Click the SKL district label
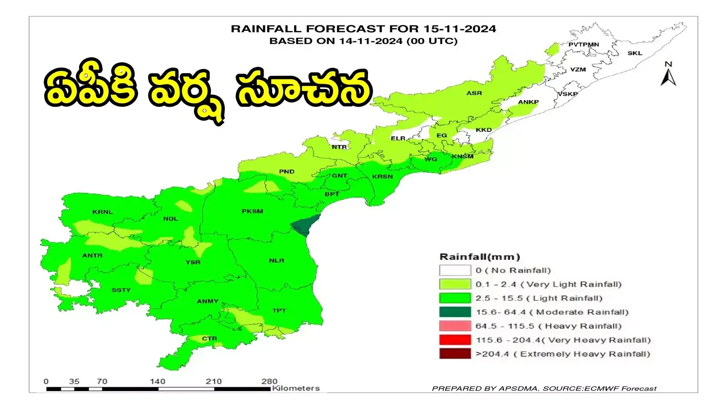pyautogui.click(x=634, y=53)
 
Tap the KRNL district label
pyautogui.click(x=102, y=212)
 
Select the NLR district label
pyautogui.click(x=276, y=260)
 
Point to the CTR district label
pyautogui.click(x=209, y=339)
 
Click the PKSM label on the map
pyautogui.click(x=252, y=211)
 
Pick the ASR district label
pyautogui.click(x=474, y=93)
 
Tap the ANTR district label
pyautogui.click(x=92, y=255)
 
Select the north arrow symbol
pyautogui.click(x=668, y=75)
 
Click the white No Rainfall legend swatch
pyautogui.click(x=455, y=270)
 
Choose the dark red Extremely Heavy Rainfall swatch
pyautogui.click(x=455, y=354)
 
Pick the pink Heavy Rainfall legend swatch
pyautogui.click(x=455, y=326)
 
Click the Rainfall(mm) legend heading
pyautogui.click(x=480, y=257)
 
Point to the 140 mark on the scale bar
pyautogui.click(x=158, y=381)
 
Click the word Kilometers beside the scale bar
pyautogui.click(x=296, y=388)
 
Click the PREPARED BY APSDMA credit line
pyautogui.click(x=544, y=389)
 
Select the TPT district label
pyautogui.click(x=279, y=311)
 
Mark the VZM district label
pyautogui.click(x=578, y=70)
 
